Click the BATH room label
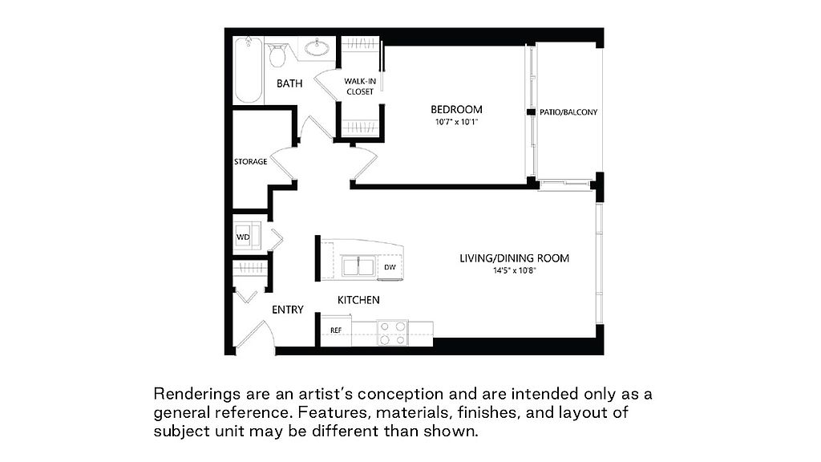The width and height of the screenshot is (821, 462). [x=289, y=83]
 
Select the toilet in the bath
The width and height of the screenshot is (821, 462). [x=277, y=55]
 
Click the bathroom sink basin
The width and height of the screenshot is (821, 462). [x=319, y=47]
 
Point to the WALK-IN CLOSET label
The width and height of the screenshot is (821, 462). [x=360, y=86]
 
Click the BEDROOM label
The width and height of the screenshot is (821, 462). [x=456, y=109]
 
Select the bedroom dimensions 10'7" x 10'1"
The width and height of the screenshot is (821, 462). [x=456, y=123]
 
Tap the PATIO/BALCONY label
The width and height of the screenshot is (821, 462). [x=569, y=112]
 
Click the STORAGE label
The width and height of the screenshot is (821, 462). [x=251, y=162]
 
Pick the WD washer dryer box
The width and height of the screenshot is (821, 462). [x=243, y=237]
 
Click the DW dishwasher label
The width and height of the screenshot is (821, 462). [x=390, y=267]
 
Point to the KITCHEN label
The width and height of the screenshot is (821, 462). [x=358, y=300]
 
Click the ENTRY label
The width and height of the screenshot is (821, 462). [x=288, y=310]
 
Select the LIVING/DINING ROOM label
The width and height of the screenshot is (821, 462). [x=514, y=258]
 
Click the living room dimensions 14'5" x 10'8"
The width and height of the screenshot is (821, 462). [x=514, y=271]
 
